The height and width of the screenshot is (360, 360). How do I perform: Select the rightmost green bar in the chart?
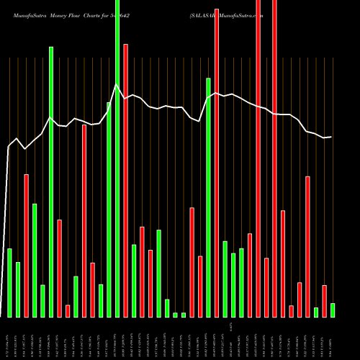(332, 310)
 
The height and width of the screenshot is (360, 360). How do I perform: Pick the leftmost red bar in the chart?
(26, 245)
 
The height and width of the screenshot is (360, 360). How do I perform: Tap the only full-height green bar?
(117, 158)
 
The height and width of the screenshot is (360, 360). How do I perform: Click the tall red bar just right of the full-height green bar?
(125, 180)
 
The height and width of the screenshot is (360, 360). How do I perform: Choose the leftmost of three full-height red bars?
(217, 158)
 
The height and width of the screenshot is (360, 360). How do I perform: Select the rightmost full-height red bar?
(274, 158)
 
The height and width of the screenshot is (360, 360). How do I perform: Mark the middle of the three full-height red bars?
(258, 158)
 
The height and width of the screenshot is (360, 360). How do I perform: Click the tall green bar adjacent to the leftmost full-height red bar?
(208, 197)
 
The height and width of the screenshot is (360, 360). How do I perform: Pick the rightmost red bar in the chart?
(324, 301)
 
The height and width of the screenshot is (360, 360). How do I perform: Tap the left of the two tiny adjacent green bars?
(175, 315)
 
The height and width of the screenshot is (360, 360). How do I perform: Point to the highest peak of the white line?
(117, 85)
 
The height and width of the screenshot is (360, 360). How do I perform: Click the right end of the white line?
(331, 137)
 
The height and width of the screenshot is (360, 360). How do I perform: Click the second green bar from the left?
(18, 289)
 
